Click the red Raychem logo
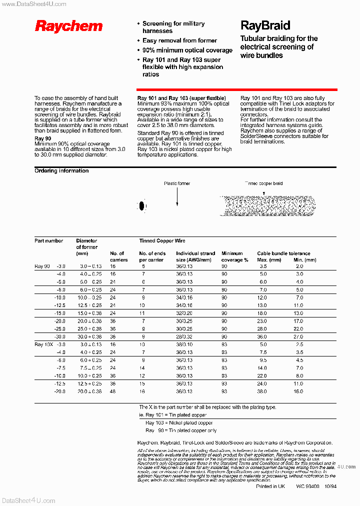tap(68, 26)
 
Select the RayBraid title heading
tap(265, 25)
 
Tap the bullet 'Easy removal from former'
tap(179, 40)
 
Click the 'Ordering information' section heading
tap(61, 171)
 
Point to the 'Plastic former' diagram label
tap(177, 183)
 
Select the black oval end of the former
tap(142, 205)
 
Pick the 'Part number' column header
tap(48, 241)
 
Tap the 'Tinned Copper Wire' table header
tap(162, 241)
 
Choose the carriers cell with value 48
tap(113, 391)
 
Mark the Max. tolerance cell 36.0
tap(261, 336)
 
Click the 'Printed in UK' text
tap(270, 486)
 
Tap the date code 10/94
tap(330, 486)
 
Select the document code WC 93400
tap(307, 486)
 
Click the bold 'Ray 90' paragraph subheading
tap(42, 138)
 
